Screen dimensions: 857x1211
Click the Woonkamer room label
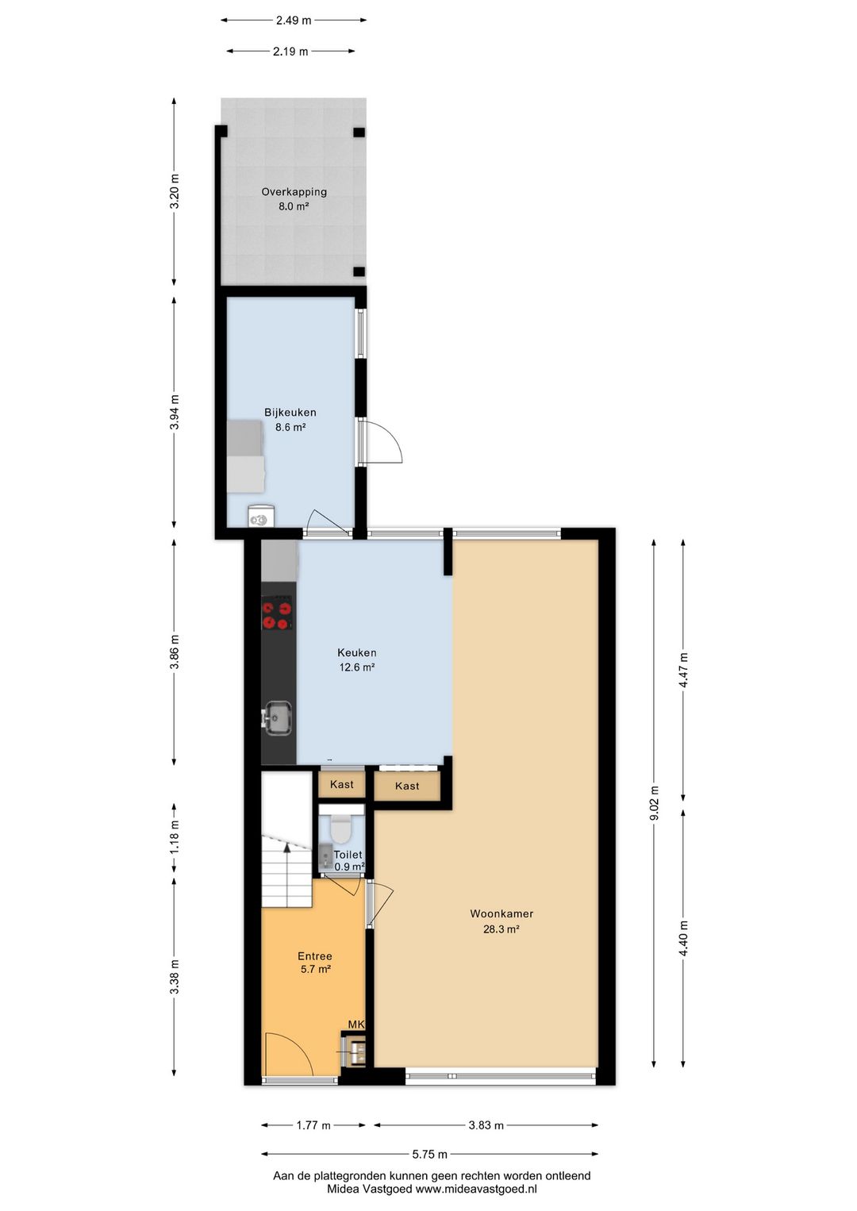(x=502, y=913)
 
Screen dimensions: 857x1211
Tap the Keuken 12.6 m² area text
(x=357, y=667)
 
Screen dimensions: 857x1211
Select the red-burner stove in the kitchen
(x=278, y=613)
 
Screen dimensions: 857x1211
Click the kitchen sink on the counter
(x=278, y=717)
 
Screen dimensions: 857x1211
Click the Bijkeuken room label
(x=290, y=412)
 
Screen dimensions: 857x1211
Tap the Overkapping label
(x=294, y=191)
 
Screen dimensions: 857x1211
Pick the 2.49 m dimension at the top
(x=294, y=21)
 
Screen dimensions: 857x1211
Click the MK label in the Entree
(x=356, y=1024)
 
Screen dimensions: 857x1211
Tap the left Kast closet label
(x=342, y=784)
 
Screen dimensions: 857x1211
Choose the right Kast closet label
(x=406, y=786)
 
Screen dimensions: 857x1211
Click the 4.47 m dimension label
(x=684, y=670)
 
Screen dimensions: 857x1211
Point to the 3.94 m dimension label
(x=174, y=412)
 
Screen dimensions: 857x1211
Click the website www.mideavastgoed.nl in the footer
(x=476, y=1189)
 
